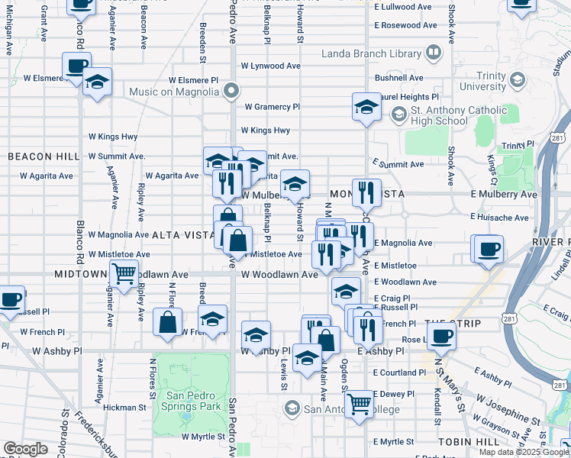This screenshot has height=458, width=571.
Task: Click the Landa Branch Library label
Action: pos(371,53)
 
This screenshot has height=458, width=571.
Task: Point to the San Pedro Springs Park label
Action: pos(193,402)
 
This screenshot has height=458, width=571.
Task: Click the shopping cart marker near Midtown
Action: pos(124,272)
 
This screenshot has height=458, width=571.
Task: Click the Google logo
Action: pos(25,449)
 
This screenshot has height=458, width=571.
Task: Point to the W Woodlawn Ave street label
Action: pos(279,274)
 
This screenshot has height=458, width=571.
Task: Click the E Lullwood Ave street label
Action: pos(405,6)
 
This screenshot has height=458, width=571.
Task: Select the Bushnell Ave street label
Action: pos(398,78)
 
